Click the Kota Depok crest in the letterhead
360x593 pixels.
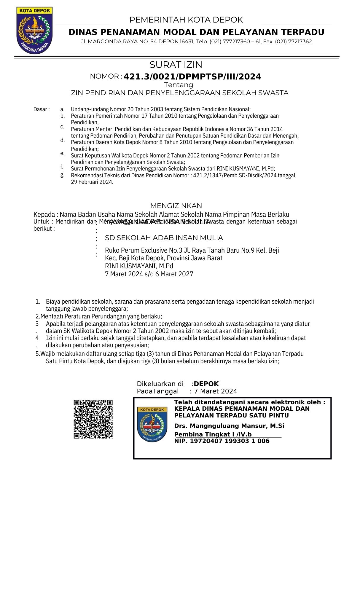34,31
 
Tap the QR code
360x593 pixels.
93,419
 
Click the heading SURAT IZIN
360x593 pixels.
176,65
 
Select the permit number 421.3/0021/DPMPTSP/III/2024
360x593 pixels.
192,77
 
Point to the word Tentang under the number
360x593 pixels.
179,85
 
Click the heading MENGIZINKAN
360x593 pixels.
176,206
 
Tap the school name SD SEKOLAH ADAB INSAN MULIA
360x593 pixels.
164,238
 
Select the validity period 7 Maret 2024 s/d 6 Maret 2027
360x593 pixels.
149,274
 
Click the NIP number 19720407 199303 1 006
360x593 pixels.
230,441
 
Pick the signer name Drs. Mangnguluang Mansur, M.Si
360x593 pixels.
229,426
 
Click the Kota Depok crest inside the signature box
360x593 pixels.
152,424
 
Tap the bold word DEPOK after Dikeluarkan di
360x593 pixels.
206,384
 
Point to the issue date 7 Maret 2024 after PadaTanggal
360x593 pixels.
216,391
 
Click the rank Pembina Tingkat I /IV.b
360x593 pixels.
213,434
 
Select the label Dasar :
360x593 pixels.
42,109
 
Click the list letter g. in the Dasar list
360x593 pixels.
62,175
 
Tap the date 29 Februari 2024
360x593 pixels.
92,182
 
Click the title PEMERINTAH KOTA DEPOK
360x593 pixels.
186,20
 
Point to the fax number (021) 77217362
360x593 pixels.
293,42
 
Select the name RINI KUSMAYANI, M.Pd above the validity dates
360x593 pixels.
139,266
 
